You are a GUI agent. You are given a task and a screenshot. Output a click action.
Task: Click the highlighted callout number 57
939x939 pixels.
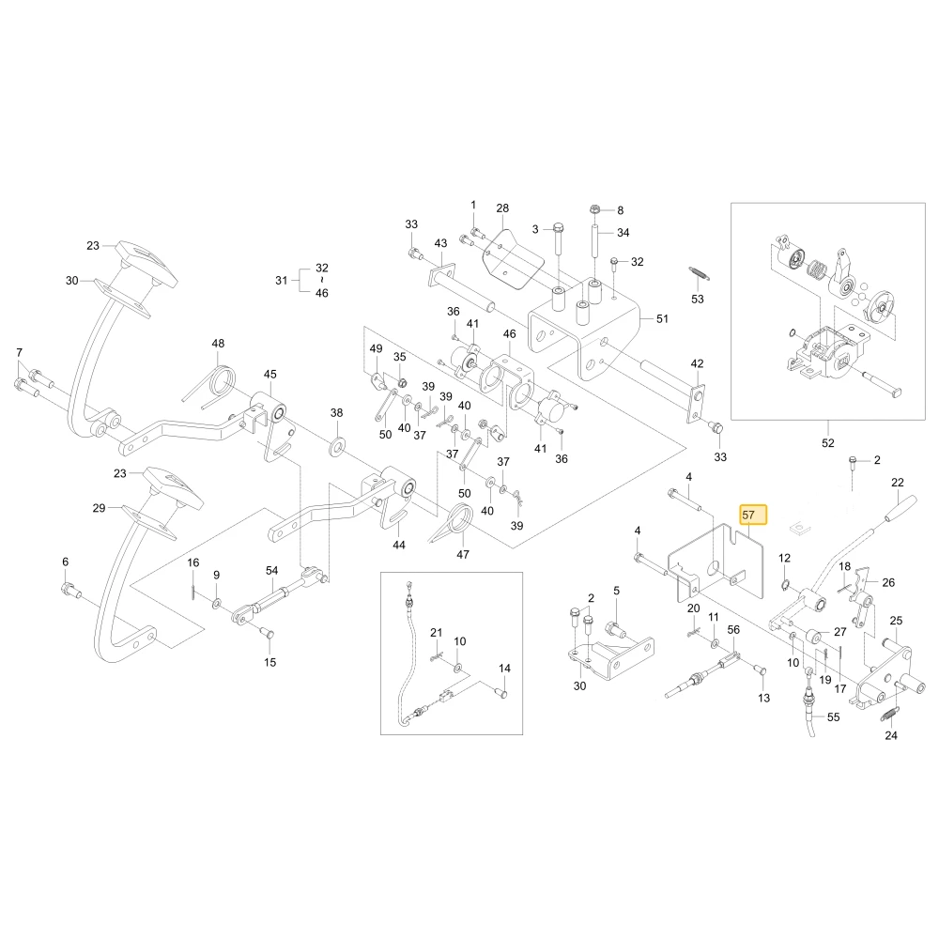[748, 515]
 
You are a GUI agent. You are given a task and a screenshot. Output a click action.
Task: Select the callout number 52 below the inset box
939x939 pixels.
[827, 443]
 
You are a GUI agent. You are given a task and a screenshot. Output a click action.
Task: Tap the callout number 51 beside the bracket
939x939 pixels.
[662, 318]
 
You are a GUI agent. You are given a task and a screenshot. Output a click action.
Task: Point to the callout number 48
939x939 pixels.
[218, 343]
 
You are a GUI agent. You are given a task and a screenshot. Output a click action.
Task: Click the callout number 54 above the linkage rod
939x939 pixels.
[272, 570]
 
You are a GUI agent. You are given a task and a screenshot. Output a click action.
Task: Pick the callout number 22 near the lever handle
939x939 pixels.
[897, 482]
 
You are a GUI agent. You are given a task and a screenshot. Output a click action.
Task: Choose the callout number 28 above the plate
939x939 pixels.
[502, 208]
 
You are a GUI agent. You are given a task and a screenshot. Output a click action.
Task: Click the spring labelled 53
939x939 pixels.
[699, 273]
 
